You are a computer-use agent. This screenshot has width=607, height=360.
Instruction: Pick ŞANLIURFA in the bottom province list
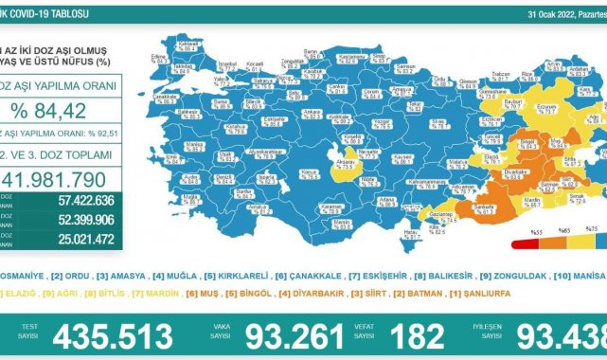coord(468,295)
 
